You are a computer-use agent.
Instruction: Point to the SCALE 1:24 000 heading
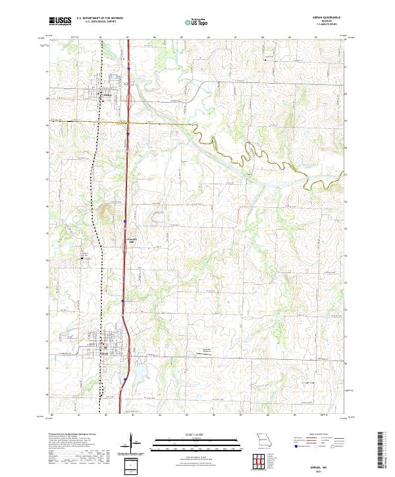tap(197, 434)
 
